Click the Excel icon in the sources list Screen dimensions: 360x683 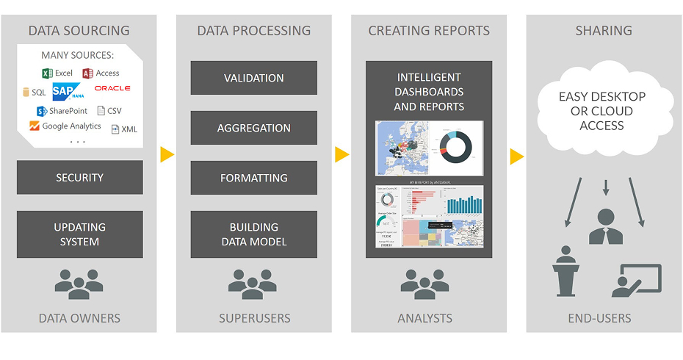(x=46, y=73)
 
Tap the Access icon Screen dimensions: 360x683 (x=87, y=73)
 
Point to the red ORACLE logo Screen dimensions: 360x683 (x=112, y=88)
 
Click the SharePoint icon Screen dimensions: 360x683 (x=42, y=112)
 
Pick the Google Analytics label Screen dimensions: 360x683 (x=71, y=126)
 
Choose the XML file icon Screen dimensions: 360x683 (x=115, y=129)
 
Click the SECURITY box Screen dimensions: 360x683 (x=79, y=178)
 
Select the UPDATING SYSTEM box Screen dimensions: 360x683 (x=79, y=234)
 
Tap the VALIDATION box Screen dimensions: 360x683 (x=253, y=78)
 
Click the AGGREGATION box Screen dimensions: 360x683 (x=253, y=128)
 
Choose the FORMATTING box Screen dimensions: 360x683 (x=253, y=178)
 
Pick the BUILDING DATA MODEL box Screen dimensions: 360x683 (x=253, y=234)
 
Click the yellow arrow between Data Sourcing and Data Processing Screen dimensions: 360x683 (x=167, y=154)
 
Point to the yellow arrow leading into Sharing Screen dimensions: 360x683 (x=516, y=156)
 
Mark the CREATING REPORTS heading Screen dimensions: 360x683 (x=429, y=31)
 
